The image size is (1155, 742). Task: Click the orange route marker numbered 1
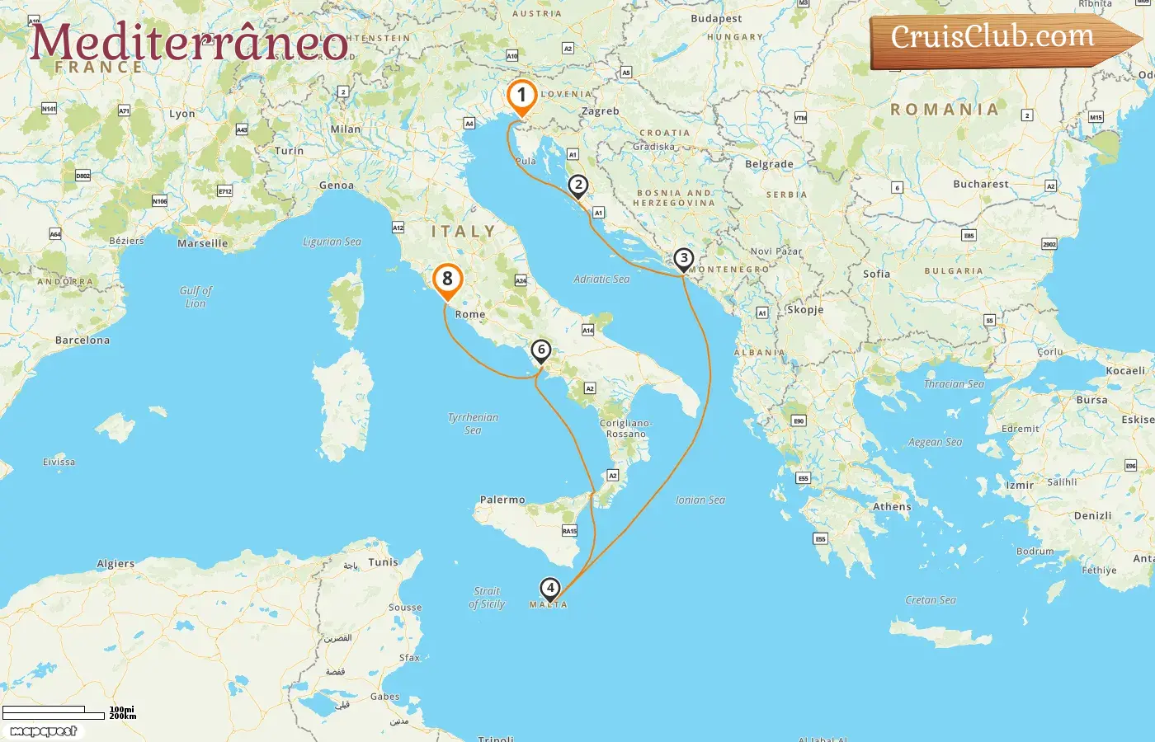[x=521, y=96]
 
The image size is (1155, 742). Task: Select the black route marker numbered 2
[x=578, y=185]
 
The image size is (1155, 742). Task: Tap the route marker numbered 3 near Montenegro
[x=683, y=259]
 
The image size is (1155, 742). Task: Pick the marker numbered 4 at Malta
[x=549, y=589]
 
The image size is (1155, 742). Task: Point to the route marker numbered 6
[x=541, y=350]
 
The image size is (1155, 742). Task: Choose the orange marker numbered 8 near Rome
[x=447, y=279]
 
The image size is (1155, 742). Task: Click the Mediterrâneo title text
[x=189, y=43]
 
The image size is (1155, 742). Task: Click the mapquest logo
[x=44, y=731]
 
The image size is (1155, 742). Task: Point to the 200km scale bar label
[x=122, y=716]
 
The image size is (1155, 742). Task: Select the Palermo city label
[x=502, y=500]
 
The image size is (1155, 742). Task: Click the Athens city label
[x=892, y=507]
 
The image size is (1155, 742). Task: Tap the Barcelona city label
[x=82, y=340]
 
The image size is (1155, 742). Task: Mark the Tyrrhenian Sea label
[x=473, y=423]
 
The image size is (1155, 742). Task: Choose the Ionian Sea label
[x=700, y=500]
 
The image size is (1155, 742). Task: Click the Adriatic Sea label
[x=601, y=279]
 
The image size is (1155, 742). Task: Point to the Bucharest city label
[x=980, y=184]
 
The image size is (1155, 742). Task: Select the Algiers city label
[x=115, y=564]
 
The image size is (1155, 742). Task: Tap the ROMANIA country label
[x=944, y=110]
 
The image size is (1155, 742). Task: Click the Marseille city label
[x=202, y=243]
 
